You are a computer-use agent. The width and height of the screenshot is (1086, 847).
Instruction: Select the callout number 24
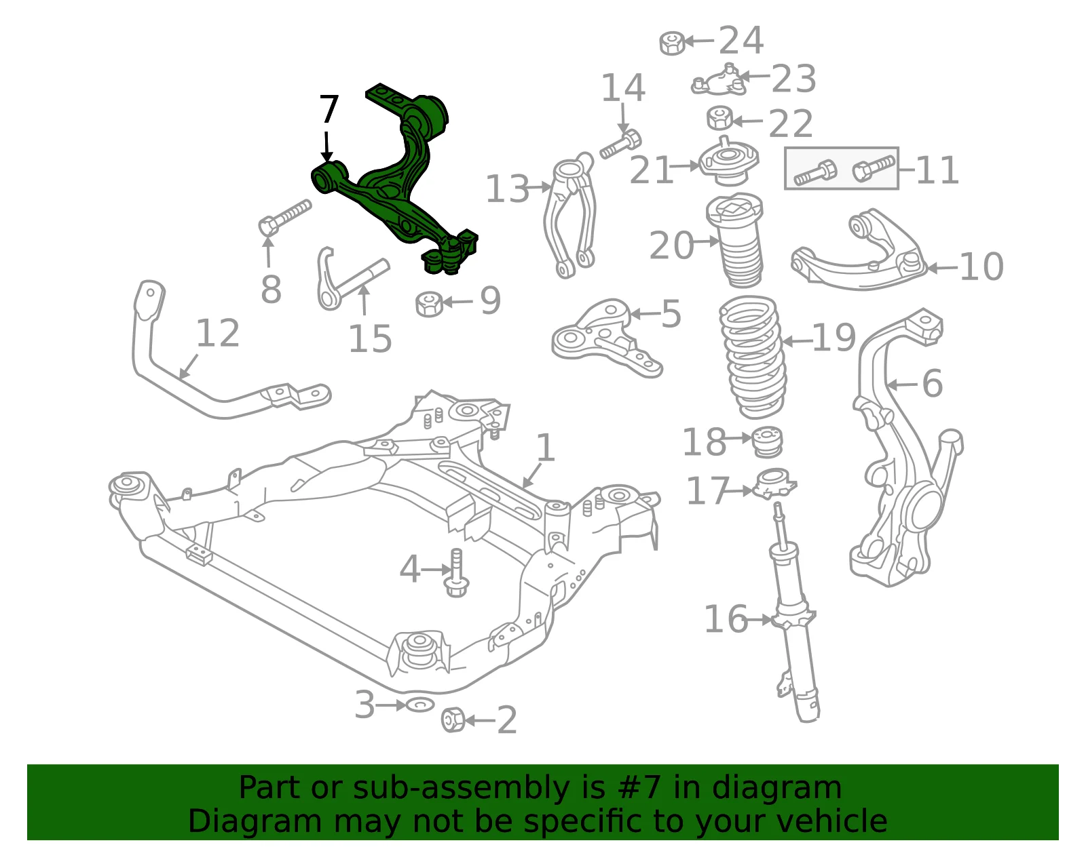point(741,41)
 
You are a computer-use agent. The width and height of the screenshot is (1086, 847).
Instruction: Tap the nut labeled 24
point(672,43)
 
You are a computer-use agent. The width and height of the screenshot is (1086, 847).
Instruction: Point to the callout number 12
point(218,333)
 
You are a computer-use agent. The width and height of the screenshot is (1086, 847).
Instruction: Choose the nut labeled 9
point(429,304)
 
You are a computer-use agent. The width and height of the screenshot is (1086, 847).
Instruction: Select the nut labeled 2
point(453,720)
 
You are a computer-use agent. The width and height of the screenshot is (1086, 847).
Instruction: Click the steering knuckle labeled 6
point(905,449)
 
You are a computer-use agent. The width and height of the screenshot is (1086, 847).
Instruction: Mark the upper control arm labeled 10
point(859,252)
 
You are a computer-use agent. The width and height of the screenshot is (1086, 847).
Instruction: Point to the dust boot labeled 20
point(734,241)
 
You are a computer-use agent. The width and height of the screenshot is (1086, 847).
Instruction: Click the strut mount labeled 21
point(728,162)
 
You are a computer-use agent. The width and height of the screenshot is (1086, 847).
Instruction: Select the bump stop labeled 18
point(768,441)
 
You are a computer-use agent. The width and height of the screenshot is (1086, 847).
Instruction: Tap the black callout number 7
point(329,109)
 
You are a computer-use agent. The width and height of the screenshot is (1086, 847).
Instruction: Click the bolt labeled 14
point(620,144)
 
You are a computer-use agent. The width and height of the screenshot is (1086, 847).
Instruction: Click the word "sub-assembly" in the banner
point(461,787)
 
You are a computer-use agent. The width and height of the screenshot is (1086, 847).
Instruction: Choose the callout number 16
point(726,619)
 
